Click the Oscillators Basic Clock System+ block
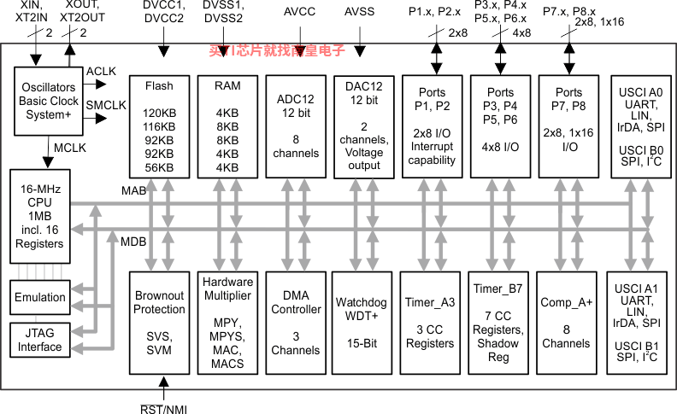click(49, 101)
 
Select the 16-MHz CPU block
click(39, 216)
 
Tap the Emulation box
click(39, 297)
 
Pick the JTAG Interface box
click(39, 340)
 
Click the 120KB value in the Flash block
click(159, 113)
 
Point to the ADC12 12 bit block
click(296, 126)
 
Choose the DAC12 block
click(364, 127)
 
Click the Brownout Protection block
click(159, 323)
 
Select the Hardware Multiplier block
click(227, 323)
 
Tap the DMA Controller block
click(296, 323)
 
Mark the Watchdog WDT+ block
click(362, 323)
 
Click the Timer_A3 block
click(430, 323)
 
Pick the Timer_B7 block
click(498, 323)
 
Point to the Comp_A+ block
click(567, 323)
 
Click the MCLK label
click(70, 148)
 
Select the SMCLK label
click(106, 105)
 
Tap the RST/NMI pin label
click(163, 409)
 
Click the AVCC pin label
click(300, 12)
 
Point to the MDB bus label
click(133, 242)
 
